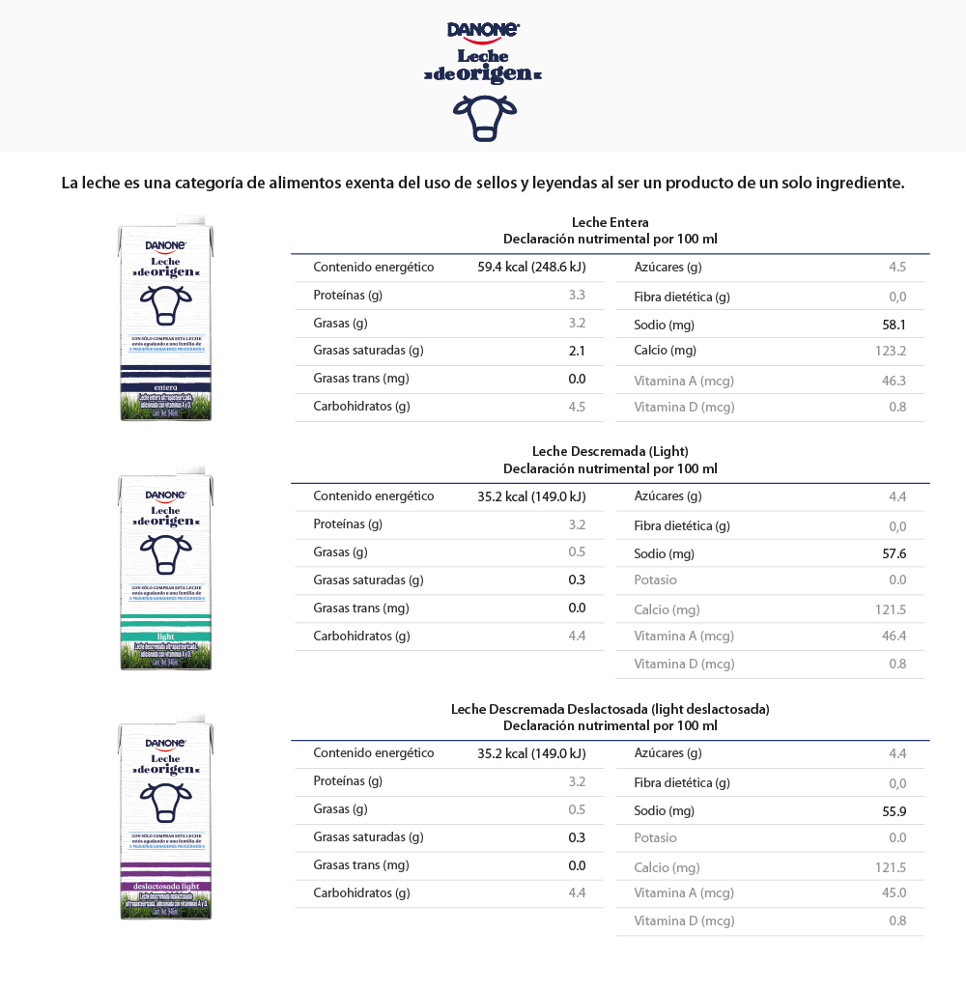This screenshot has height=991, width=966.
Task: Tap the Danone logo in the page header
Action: [x=484, y=31]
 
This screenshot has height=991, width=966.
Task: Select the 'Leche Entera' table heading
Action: [x=610, y=223]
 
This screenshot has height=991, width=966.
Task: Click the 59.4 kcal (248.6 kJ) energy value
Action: [x=531, y=268]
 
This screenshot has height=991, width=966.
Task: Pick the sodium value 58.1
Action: [x=894, y=325]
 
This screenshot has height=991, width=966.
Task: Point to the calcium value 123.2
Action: [x=891, y=351]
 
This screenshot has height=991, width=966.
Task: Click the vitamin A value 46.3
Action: [x=894, y=381]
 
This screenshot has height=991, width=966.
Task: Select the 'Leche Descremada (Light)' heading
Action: [x=610, y=451]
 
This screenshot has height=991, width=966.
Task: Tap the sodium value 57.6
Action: [x=894, y=553]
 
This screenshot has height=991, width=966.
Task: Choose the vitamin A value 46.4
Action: [x=894, y=636]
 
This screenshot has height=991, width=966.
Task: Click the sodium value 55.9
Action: [x=894, y=811]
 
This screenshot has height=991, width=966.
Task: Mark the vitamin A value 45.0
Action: [x=894, y=892]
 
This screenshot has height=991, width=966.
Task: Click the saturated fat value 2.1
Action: [x=577, y=351]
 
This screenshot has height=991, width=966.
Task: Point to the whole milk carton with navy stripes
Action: [x=165, y=324]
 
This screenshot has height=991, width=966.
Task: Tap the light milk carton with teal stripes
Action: [x=165, y=572]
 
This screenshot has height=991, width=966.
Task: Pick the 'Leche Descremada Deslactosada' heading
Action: [x=610, y=709]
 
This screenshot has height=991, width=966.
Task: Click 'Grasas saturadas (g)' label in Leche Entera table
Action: [x=368, y=351]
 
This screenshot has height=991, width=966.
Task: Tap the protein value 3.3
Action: [x=577, y=295]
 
